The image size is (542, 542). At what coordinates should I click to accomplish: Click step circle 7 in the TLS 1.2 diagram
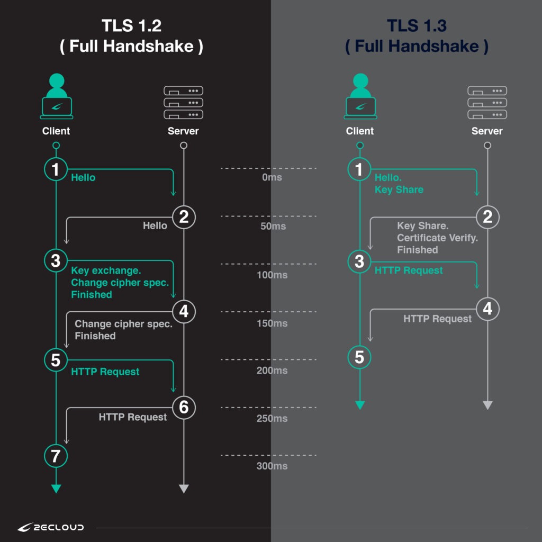(56, 456)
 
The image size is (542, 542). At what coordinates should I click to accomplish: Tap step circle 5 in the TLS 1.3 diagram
(359, 357)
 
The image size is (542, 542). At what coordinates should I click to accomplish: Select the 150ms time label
(272, 323)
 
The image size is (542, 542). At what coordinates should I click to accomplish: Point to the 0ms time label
(272, 178)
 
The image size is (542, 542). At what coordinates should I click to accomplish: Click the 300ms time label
(272, 466)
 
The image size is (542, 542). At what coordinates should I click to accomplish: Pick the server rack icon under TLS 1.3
(487, 102)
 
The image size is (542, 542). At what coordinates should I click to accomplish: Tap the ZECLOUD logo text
(51, 527)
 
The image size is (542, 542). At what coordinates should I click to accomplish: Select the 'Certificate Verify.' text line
(437, 238)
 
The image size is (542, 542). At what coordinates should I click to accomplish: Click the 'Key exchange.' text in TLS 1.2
(106, 271)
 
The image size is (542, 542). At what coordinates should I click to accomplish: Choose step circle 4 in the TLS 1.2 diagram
(184, 312)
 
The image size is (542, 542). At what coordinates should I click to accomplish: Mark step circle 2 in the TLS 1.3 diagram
(487, 216)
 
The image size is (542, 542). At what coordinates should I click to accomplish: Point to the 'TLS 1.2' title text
(131, 26)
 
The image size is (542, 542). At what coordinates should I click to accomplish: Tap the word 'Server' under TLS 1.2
(183, 131)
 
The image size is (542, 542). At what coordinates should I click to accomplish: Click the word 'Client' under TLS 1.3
(360, 131)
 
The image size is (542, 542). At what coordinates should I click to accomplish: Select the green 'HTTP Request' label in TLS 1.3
(409, 270)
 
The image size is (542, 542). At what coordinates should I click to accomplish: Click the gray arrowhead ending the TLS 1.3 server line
(487, 405)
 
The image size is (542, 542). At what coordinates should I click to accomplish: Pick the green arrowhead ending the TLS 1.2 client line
(56, 489)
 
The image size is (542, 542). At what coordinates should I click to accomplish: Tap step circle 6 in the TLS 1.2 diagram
(184, 407)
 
